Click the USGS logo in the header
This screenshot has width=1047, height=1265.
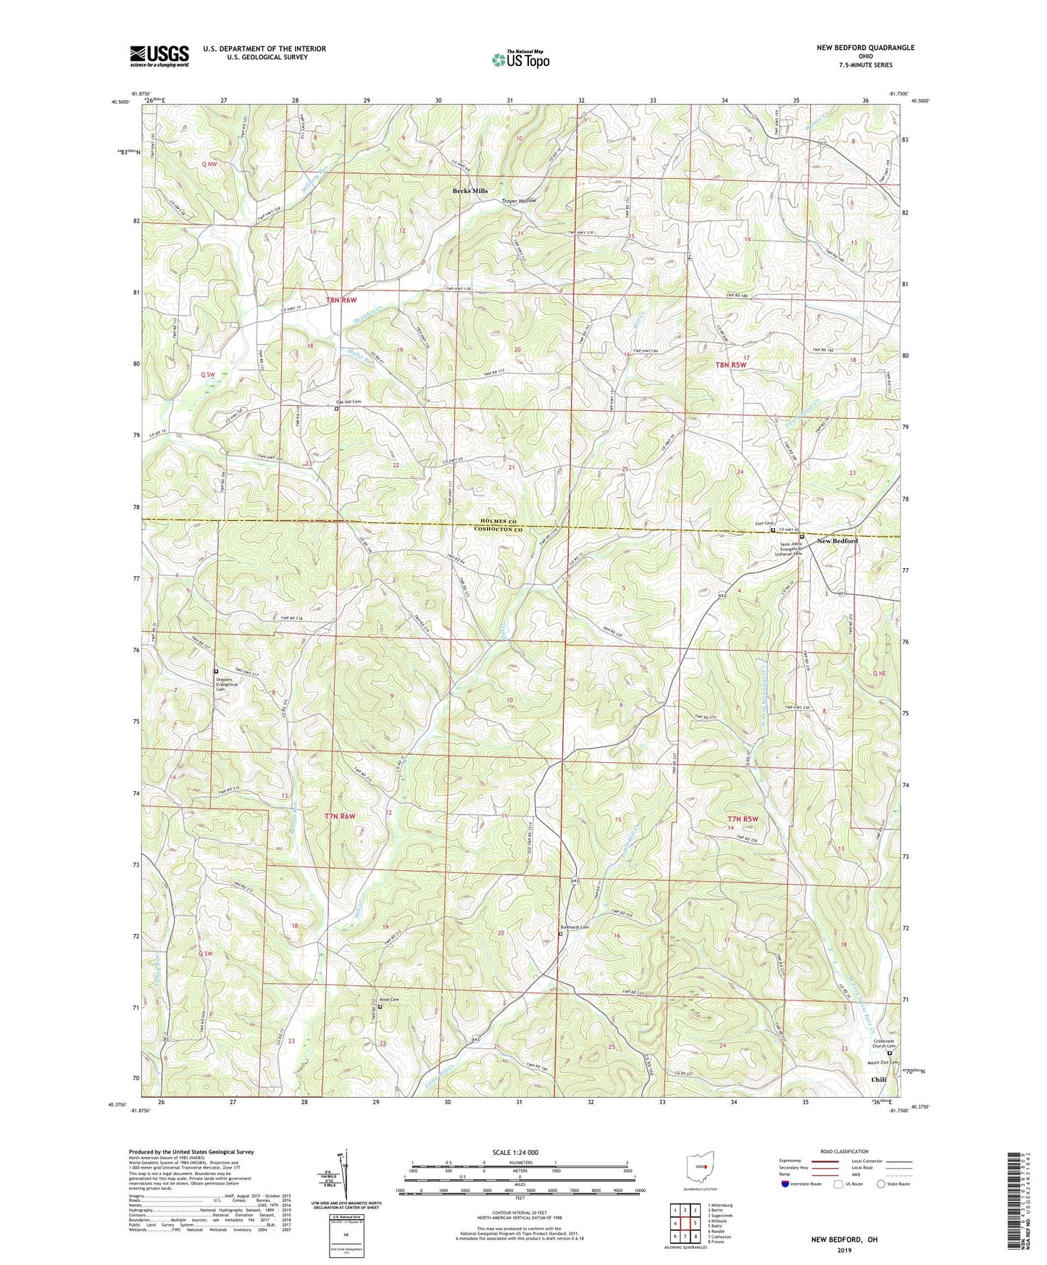click(x=159, y=56)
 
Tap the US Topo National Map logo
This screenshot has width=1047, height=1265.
click(x=520, y=59)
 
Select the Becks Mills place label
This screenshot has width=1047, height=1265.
click(x=470, y=191)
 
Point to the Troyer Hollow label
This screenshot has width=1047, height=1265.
click(x=519, y=201)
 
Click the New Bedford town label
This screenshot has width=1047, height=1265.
click(x=837, y=541)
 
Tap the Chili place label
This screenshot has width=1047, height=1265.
click(x=878, y=1080)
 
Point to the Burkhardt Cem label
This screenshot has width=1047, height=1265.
click(x=575, y=927)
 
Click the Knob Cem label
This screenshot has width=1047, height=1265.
click(x=389, y=1000)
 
